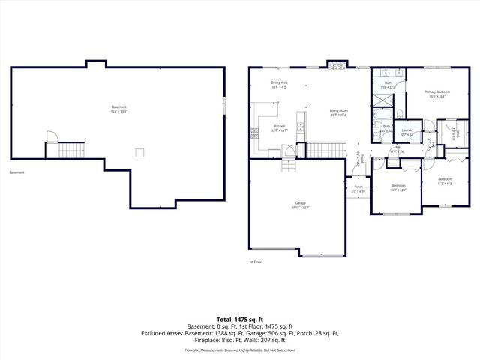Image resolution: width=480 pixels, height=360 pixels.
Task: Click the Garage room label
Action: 300,205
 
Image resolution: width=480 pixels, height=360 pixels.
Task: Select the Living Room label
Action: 339,112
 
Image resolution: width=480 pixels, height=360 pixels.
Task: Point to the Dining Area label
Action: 280,84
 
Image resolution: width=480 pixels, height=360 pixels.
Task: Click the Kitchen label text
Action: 279,127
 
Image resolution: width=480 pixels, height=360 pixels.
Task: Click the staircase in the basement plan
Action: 73,151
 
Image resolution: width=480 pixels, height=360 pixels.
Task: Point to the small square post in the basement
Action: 139,152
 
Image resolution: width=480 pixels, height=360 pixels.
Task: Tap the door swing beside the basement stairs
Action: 52,138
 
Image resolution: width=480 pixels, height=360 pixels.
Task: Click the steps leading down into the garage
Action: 288,165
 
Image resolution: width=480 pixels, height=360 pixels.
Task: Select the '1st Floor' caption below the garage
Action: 256,262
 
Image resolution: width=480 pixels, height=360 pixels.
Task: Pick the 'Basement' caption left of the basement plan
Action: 16,172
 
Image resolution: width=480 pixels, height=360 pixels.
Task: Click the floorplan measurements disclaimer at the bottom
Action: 239,349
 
